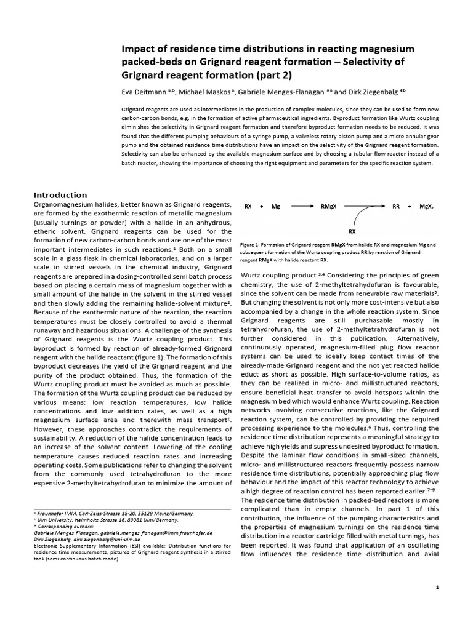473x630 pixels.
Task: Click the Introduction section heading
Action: click(60, 195)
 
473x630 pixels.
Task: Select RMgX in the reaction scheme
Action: click(328, 207)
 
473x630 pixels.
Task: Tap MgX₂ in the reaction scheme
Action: click(427, 207)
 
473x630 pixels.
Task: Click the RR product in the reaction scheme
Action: click(396, 207)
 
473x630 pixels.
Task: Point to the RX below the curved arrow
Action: click(352, 231)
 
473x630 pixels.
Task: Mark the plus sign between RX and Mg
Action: click(261, 207)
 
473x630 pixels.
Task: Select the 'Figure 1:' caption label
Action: click(253, 244)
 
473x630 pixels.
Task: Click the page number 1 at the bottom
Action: click(437, 588)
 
